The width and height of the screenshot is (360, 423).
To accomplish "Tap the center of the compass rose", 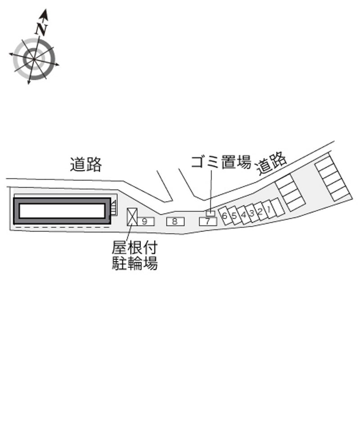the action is click(x=34, y=59).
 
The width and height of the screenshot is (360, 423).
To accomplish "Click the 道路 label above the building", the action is click(x=86, y=164).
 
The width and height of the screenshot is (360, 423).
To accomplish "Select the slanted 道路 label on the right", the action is click(x=271, y=163).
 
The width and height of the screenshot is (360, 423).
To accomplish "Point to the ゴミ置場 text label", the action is click(x=221, y=162).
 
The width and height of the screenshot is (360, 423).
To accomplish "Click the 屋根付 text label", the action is click(x=135, y=247).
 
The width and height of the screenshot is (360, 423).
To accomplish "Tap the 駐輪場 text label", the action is click(x=135, y=263).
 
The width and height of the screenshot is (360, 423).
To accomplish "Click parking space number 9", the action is click(x=146, y=221).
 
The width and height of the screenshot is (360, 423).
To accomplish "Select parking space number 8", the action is click(x=175, y=221).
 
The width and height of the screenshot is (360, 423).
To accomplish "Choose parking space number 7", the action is click(x=208, y=221).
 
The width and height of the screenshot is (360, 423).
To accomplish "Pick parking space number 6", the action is click(x=225, y=216).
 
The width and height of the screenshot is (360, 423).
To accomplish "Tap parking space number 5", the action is click(x=234, y=216).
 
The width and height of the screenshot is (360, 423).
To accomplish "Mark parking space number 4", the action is click(x=243, y=215).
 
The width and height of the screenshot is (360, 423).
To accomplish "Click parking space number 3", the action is click(x=252, y=213).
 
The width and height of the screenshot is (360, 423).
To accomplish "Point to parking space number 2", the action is click(x=260, y=211).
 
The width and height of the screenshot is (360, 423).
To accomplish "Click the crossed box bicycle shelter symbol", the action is click(x=132, y=216).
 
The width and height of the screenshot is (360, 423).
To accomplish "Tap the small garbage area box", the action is click(x=211, y=213).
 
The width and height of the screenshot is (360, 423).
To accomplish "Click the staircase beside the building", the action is click(x=114, y=208).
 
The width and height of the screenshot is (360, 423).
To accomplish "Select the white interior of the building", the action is click(x=62, y=211).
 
